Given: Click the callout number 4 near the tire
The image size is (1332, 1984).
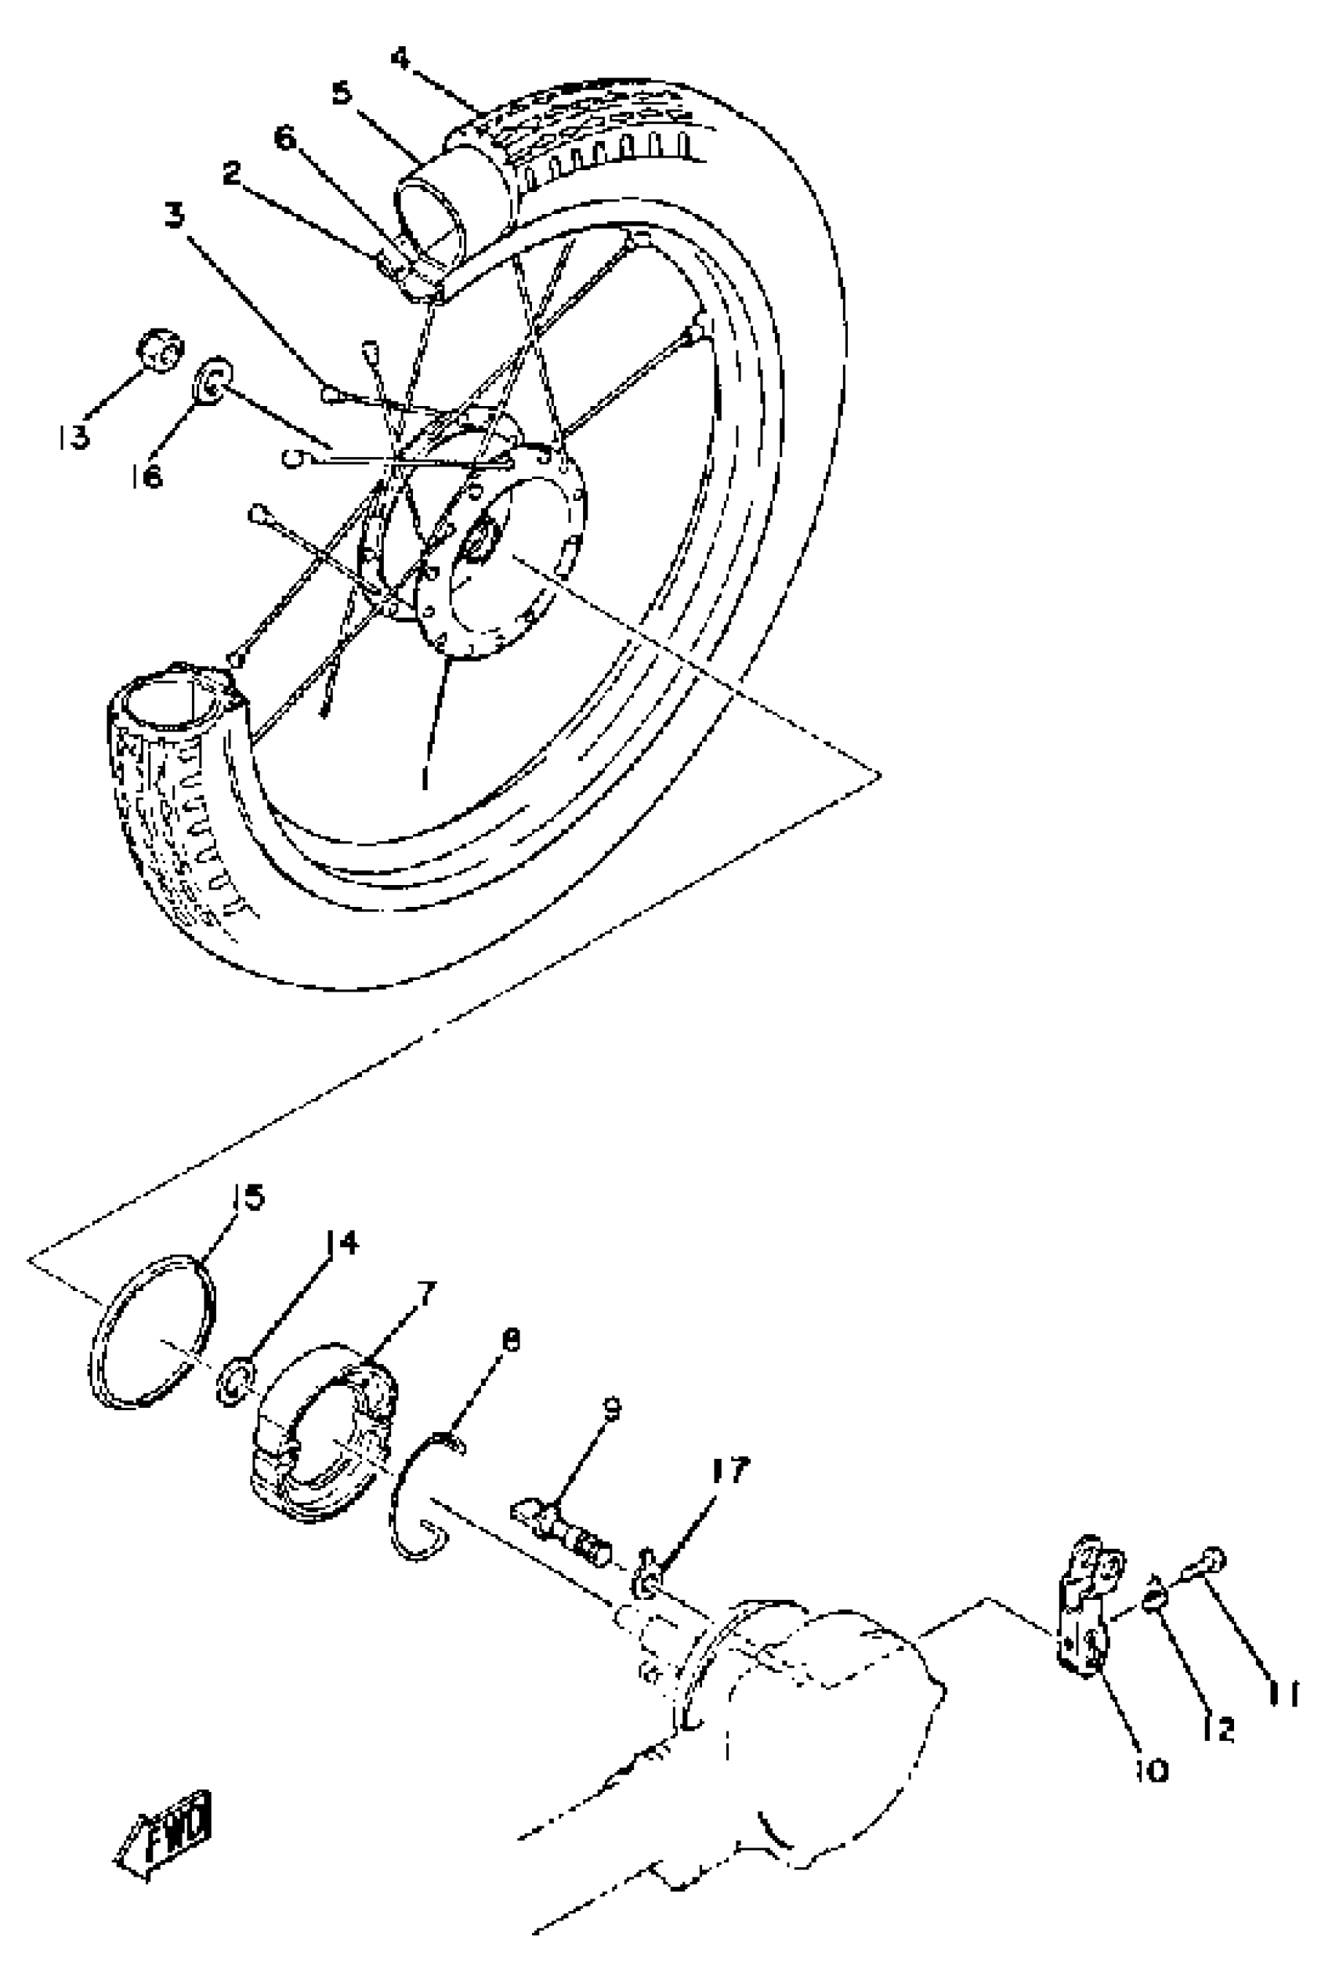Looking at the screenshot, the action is point(400,59).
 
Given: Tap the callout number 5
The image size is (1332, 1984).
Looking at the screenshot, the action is point(341,92).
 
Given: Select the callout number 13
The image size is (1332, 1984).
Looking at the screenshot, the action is point(74,437).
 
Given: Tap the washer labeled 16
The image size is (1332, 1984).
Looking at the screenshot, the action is point(213,381).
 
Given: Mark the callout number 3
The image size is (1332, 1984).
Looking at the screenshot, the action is point(174,216).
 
